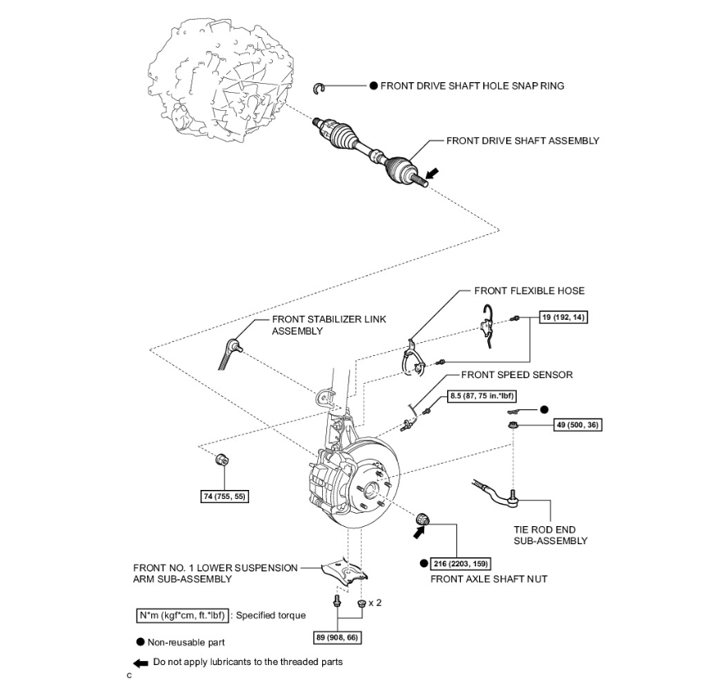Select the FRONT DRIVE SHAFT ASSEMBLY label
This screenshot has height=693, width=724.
click(x=523, y=141)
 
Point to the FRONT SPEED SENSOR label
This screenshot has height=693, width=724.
click(x=517, y=375)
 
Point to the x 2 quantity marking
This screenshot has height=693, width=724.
click(x=375, y=603)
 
